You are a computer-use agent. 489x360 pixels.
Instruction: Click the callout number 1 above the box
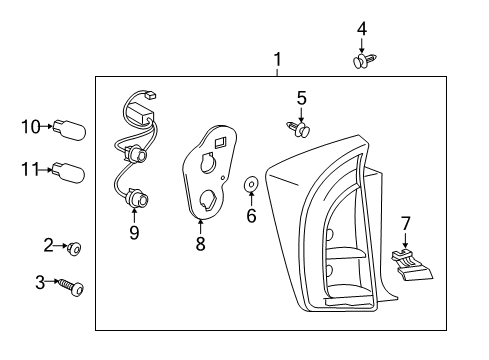[278, 59]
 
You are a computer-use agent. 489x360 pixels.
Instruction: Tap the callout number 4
[361, 29]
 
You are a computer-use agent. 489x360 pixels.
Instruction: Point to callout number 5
[300, 97]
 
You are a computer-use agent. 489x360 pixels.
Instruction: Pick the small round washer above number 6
[251, 184]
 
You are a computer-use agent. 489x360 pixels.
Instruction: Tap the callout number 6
[251, 215]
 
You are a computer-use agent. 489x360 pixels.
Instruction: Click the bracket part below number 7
[410, 265]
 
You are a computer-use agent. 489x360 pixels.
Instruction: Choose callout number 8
[200, 243]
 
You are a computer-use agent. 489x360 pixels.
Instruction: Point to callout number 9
[134, 233]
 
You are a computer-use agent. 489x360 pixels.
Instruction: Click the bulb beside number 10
[75, 128]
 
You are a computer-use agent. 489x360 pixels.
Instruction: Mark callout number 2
[48, 245]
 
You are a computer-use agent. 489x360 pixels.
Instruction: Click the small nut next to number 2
[75, 246]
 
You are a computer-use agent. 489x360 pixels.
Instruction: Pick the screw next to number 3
[72, 286]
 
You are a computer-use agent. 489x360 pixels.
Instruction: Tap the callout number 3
[40, 283]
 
